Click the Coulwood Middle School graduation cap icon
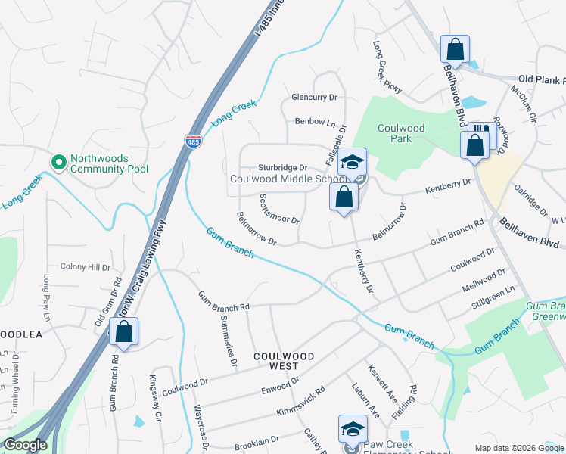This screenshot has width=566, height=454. coord(352,162)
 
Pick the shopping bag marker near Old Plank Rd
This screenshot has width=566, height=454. coord(456,50)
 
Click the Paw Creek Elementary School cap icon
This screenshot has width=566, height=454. coord(352,430)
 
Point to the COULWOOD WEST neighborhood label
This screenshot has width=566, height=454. coord(283,360)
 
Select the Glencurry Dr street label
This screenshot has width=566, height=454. coord(314,98)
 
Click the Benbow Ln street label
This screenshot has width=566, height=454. coord(315,121)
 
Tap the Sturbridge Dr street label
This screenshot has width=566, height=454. coord(282,167)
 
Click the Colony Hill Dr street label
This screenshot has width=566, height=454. coord(86,267)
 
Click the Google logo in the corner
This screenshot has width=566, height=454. coord(25,445)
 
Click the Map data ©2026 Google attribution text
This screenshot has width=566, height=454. coord(519,448)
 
